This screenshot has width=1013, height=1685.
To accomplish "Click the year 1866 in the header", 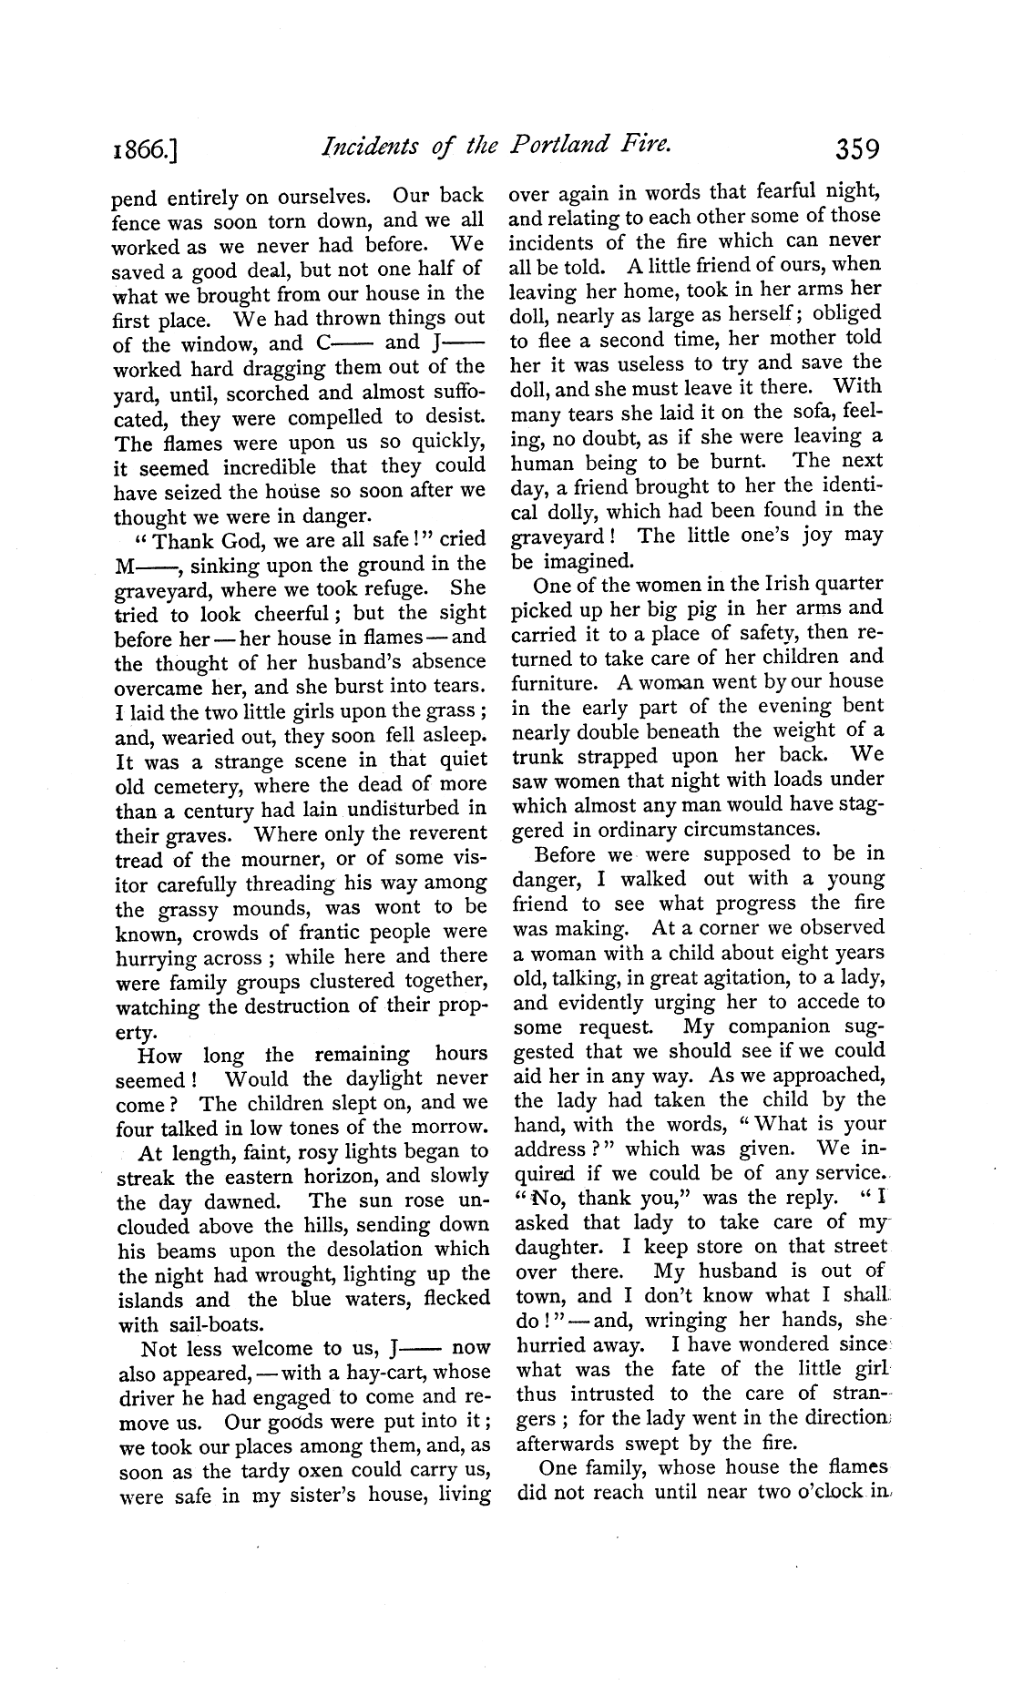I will (x=146, y=148).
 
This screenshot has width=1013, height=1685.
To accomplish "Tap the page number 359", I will (x=849, y=147).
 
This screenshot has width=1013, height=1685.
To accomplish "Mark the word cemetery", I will (x=196, y=785).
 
